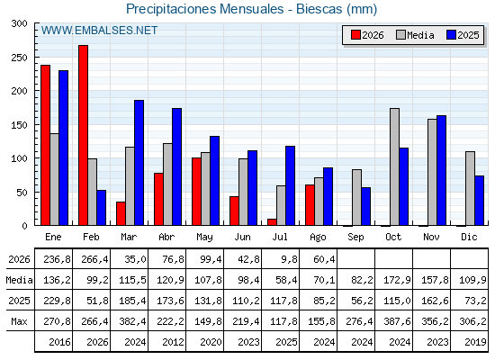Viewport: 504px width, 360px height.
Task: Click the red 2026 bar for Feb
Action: coord(83,135)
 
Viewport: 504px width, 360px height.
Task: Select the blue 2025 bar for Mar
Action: coord(139,163)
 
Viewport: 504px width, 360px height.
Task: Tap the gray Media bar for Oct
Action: coord(395,166)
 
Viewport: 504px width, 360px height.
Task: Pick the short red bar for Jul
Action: coord(272,222)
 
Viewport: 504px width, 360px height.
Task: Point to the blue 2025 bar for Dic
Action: coord(479,201)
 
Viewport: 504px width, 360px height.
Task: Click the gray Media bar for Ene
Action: coord(54,179)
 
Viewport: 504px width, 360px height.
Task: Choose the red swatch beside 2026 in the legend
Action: coord(355,35)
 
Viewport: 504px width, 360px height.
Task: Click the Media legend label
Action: coord(420,35)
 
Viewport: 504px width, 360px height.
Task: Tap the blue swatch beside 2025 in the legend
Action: coord(451,35)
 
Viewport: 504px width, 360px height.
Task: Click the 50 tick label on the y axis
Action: coord(22,193)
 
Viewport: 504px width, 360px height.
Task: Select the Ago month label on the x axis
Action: coord(318,238)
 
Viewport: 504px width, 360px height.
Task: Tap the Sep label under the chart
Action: coord(355,238)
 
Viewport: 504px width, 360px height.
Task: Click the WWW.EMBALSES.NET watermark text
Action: coord(99,31)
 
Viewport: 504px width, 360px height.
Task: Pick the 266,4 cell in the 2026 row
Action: coord(94,259)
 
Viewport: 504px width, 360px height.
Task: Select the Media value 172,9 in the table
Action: coord(397,280)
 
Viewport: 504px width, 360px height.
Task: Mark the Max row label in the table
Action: coord(19,321)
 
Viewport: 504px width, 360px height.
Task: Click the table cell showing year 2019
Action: coord(475,342)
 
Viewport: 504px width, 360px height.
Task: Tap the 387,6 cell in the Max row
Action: coord(397,321)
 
